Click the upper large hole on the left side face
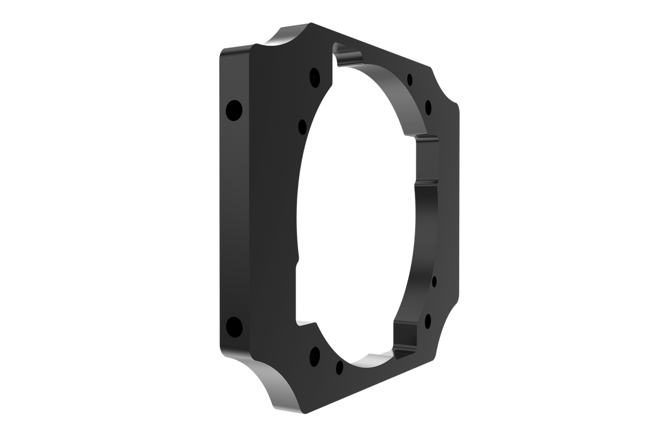click(233, 110)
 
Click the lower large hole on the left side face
click(233, 327)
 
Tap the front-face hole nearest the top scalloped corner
click(314, 77)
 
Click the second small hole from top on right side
click(428, 107)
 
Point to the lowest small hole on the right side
click(428, 321)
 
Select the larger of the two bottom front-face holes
click(314, 356)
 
